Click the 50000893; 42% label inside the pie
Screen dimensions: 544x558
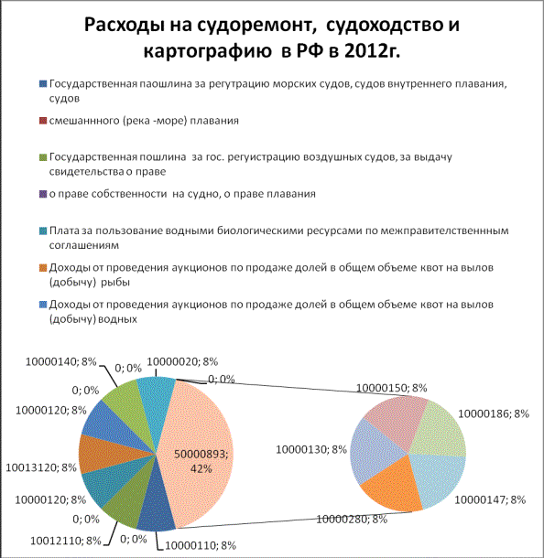(x=201, y=461)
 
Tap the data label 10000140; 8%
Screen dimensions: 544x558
(x=61, y=361)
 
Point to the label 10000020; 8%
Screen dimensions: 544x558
(x=182, y=361)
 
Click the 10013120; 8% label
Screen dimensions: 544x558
(x=41, y=467)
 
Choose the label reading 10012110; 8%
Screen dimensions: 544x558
(x=66, y=541)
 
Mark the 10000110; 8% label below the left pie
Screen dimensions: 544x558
(x=201, y=545)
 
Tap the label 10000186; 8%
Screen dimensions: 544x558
(x=494, y=413)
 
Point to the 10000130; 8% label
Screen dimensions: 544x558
(x=311, y=449)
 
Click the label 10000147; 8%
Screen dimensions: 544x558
(x=490, y=499)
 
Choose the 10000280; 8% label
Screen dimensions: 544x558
(x=352, y=520)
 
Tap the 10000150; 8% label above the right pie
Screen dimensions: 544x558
(x=392, y=388)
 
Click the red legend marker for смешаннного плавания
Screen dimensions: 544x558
(x=43, y=121)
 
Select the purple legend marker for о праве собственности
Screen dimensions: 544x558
(x=43, y=194)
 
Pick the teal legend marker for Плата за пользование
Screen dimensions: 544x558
(x=43, y=231)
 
